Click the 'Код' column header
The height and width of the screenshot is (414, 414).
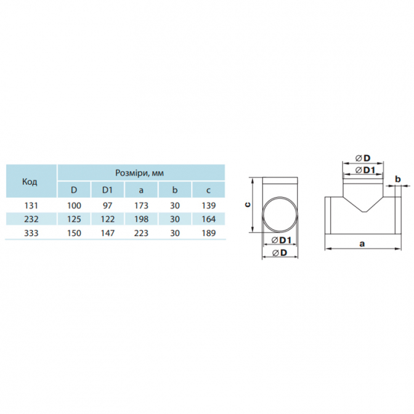pyautogui.click(x=30, y=181)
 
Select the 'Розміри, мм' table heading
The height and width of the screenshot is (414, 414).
pyautogui.click(x=139, y=173)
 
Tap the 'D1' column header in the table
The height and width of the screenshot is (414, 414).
pyautogui.click(x=107, y=190)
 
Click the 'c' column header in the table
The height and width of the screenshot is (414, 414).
pyautogui.click(x=208, y=190)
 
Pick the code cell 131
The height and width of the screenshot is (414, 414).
pyautogui.click(x=31, y=205)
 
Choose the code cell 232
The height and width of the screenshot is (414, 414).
pyautogui.click(x=31, y=219)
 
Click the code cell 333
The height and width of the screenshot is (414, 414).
pyautogui.click(x=31, y=233)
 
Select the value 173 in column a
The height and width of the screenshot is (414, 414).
pyautogui.click(x=141, y=205)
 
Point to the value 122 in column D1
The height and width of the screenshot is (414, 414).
pyautogui.click(x=108, y=219)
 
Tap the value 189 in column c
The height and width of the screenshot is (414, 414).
pyautogui.click(x=209, y=233)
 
